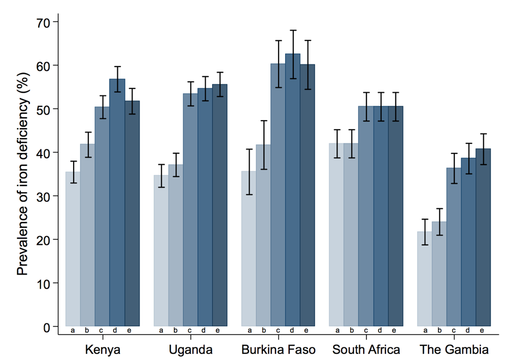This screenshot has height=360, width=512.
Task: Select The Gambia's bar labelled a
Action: [424, 279]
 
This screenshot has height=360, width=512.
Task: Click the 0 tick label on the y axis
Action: [47, 327]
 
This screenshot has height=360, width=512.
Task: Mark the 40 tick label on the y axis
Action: [44, 153]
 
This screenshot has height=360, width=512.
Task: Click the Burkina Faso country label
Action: [278, 349]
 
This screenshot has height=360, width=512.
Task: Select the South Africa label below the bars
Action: [366, 349]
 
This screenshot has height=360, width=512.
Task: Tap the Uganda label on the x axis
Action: [190, 349]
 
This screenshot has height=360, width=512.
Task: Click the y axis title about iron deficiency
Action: [23, 175]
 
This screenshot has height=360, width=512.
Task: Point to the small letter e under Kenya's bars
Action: [132, 330]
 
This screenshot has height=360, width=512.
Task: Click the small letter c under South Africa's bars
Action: [366, 330]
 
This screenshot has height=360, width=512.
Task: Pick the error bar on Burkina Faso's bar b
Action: [264, 145]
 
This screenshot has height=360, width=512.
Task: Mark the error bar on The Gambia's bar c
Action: [454, 169]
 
